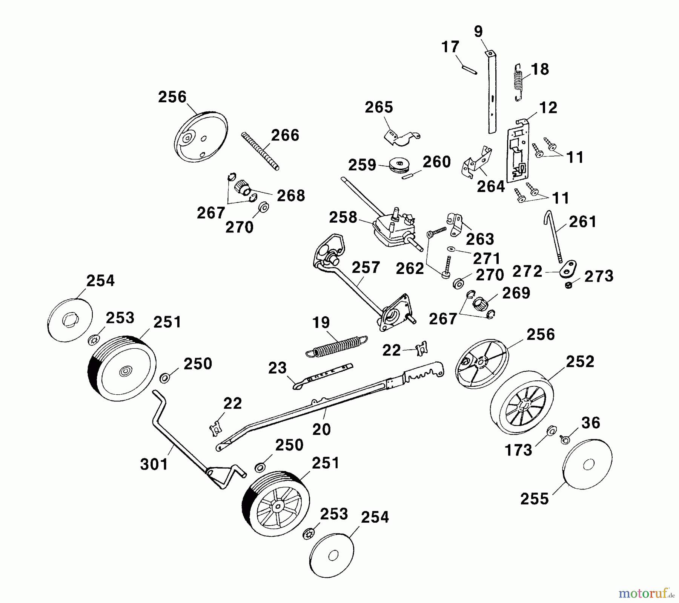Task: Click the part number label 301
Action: (154, 464)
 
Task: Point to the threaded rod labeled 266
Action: (260, 151)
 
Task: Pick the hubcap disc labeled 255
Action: (587, 465)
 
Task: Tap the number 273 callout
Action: (599, 276)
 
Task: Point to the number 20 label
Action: (321, 429)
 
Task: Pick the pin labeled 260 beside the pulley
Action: (410, 175)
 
